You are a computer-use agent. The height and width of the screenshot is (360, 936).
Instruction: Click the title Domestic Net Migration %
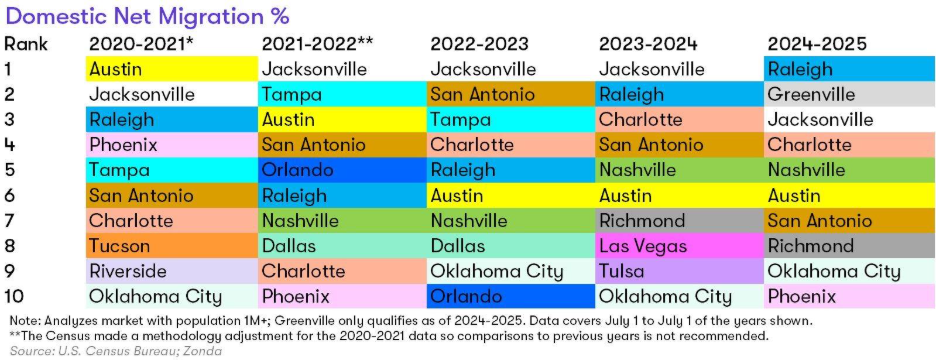[x=147, y=16]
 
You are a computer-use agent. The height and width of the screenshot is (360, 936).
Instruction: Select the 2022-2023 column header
[x=479, y=44]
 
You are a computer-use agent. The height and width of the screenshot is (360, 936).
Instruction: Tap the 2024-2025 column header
[x=817, y=44]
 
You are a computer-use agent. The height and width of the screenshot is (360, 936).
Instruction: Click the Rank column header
[x=25, y=44]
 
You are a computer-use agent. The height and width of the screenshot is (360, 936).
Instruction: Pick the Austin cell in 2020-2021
[x=171, y=69]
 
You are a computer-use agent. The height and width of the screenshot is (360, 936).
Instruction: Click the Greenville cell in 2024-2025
[x=849, y=94]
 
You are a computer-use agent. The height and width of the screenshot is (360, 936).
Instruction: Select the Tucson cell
[x=171, y=245]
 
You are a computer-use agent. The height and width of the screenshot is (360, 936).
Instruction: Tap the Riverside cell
[x=171, y=271]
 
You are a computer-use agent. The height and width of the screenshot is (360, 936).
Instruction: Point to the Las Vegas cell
[x=679, y=245]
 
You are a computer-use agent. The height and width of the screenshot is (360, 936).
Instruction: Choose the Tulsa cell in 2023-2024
[x=679, y=271]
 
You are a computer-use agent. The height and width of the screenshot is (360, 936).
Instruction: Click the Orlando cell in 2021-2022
[x=342, y=170]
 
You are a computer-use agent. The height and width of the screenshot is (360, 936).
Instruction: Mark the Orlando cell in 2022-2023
[x=511, y=296]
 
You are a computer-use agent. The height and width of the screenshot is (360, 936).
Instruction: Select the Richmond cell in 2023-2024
[x=679, y=220]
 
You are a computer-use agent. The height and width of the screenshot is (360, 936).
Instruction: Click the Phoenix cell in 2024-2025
[x=849, y=296]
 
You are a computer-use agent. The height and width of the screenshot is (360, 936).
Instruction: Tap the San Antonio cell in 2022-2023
[x=511, y=94]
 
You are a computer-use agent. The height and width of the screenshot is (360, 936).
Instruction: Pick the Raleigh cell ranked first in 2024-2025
[x=849, y=69]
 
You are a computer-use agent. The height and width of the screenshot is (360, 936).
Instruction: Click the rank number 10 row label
[x=14, y=296]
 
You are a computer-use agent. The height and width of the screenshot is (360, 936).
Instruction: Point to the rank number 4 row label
[x=11, y=145]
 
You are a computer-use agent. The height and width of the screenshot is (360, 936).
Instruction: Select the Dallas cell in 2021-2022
[x=342, y=245]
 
